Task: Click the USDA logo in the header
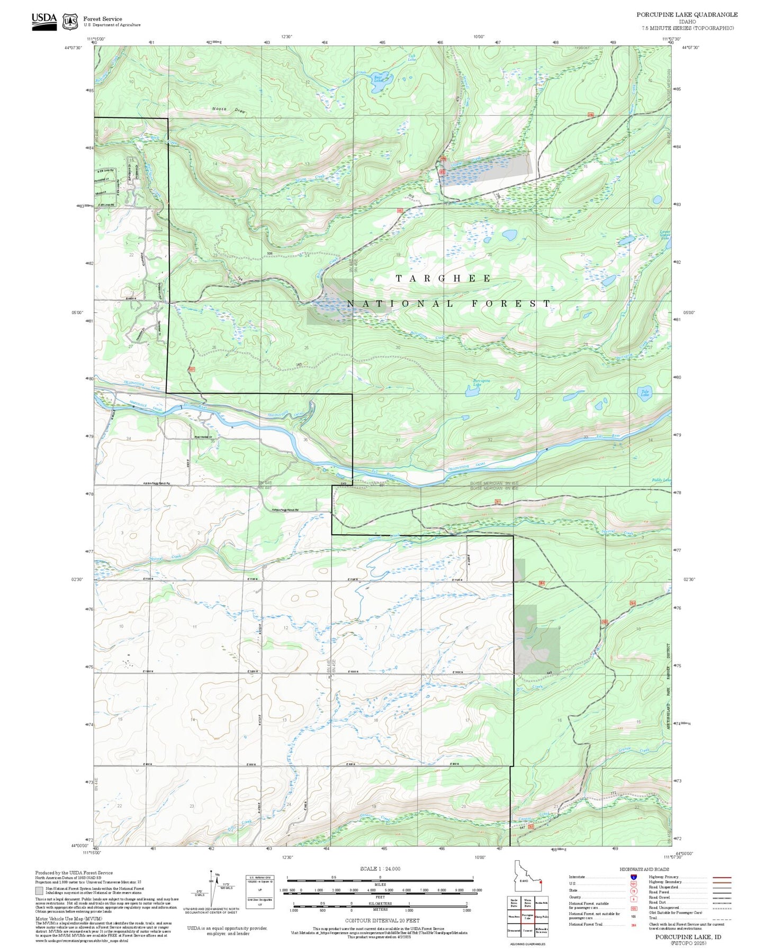coord(44,21)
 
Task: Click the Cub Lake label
coord(412,58)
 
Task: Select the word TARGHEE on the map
coord(444,278)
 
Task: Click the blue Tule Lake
coord(644,393)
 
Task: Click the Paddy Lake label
coord(661,480)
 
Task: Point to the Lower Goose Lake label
coord(665,234)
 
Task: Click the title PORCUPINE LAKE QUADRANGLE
coord(687,15)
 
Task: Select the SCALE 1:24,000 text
coord(380,869)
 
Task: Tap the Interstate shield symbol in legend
coord(633,877)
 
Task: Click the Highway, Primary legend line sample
coord(722,877)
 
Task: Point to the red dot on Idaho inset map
coord(541,882)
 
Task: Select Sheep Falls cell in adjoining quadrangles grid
coord(541,917)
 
